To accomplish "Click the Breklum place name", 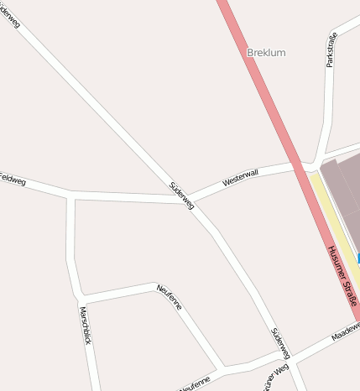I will (x=266, y=53).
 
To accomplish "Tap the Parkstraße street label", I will (x=331, y=50).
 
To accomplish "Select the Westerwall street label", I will (x=240, y=177).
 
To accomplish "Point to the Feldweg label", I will (x=12, y=180).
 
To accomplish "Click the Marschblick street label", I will (x=85, y=325).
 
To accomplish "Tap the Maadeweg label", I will (x=345, y=333).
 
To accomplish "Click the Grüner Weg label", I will (x=274, y=378).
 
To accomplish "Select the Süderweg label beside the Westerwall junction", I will (x=182, y=195).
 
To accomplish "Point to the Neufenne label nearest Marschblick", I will (x=169, y=297).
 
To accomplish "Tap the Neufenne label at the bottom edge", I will (x=195, y=383).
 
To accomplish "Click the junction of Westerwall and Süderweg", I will (x=187, y=199).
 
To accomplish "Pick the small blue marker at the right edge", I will (x=357, y=260).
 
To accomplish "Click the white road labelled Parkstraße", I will (x=328, y=101).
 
